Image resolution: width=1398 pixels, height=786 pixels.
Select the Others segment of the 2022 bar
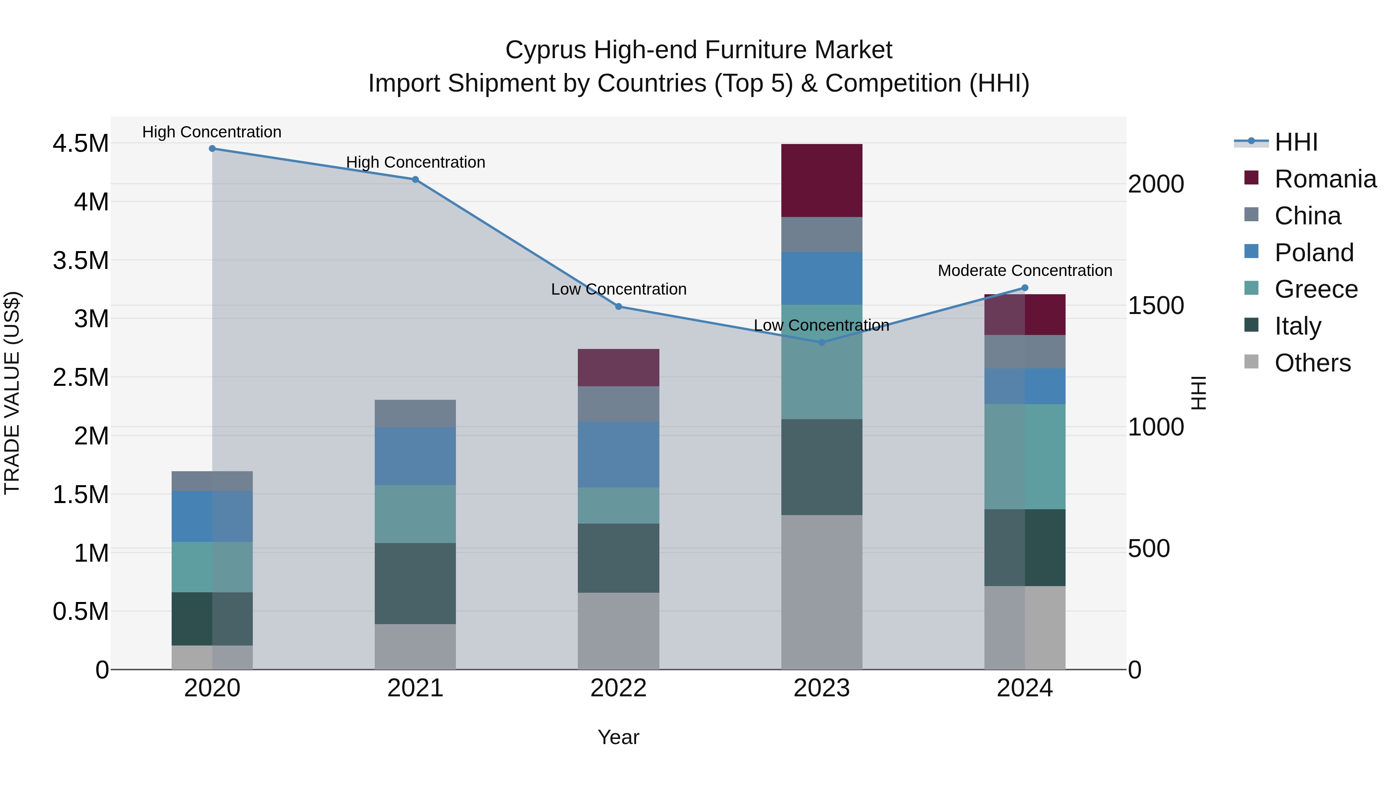point(618,630)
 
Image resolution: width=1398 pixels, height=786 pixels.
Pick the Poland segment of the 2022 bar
point(618,454)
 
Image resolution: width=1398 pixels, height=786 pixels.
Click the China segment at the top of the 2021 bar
point(415,413)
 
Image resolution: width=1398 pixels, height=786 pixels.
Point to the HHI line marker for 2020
point(212,149)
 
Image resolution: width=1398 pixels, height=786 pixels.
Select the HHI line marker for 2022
point(618,307)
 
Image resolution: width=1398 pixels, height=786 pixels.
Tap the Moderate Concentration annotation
point(1025,270)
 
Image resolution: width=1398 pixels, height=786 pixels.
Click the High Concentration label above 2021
point(415,162)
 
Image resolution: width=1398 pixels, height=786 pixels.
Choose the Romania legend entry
point(1325,179)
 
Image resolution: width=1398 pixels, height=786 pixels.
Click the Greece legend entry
point(1316,289)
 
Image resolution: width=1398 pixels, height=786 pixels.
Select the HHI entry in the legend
point(1295,142)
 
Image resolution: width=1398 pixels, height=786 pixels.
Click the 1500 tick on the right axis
point(1155,305)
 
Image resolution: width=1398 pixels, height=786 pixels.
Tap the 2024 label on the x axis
point(1025,688)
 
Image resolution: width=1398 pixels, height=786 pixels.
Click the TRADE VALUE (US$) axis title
point(12,393)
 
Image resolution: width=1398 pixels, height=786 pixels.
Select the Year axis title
point(618,737)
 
